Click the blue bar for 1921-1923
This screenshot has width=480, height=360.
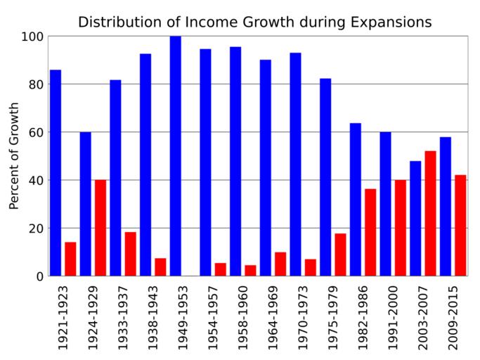[x=56, y=172]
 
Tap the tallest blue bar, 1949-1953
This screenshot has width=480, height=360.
[x=176, y=155]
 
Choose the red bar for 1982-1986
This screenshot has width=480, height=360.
[x=370, y=232]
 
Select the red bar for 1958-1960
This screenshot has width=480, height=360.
[x=250, y=270]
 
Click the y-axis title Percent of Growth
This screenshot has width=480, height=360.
[x=13, y=156]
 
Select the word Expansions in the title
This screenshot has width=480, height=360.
[x=394, y=22]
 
